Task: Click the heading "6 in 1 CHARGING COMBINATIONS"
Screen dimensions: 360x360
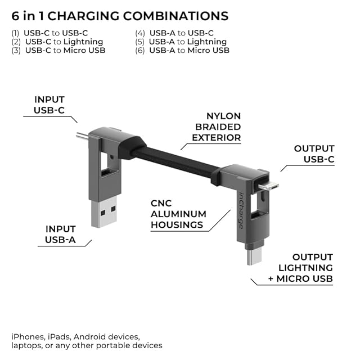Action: pos(120,16)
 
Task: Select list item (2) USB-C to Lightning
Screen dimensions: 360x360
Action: pos(57,42)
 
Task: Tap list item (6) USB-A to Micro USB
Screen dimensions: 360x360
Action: pos(182,50)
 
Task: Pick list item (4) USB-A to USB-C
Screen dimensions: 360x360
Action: pos(174,33)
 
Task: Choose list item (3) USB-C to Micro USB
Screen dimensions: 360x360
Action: pos(58,50)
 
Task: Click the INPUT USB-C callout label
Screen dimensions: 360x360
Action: pos(49,105)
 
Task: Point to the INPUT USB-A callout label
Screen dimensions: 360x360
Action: pos(60,235)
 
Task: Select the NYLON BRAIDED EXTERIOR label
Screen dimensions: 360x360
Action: pos(217,127)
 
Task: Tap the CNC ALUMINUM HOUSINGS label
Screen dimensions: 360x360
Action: pos(178,214)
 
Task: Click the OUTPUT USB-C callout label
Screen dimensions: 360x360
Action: pos(314,154)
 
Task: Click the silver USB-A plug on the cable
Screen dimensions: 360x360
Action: pos(103,213)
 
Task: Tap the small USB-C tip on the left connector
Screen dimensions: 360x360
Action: pos(82,136)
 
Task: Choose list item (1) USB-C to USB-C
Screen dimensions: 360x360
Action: pos(50,33)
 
